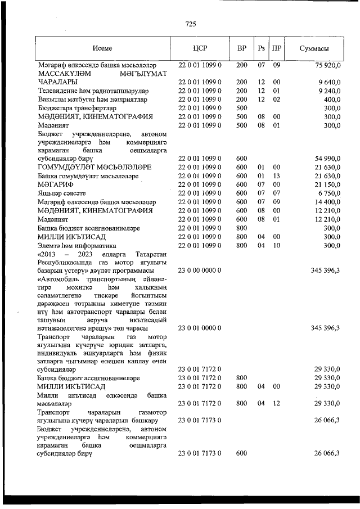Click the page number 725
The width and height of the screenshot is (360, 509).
(x=190, y=24)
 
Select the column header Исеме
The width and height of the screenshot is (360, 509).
(x=103, y=48)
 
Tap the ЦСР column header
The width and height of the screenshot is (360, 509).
(x=200, y=48)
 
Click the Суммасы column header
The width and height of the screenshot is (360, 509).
(x=314, y=48)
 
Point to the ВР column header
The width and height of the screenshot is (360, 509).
(x=242, y=48)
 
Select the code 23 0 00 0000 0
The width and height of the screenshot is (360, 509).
(x=200, y=271)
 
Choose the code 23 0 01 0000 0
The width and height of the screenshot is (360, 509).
(x=200, y=328)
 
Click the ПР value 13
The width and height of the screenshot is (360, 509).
(x=276, y=176)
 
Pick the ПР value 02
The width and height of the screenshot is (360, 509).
(x=276, y=99)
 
